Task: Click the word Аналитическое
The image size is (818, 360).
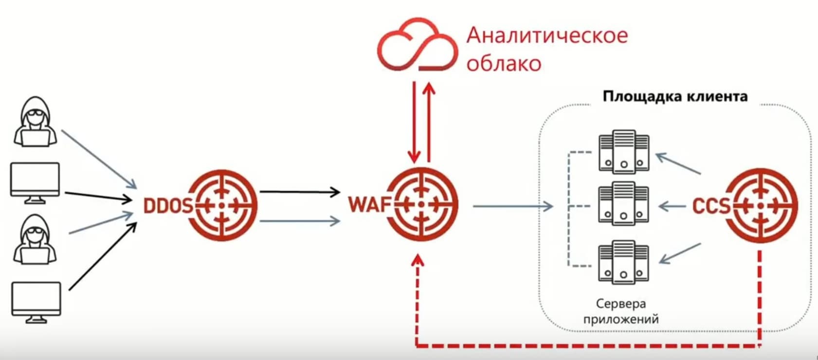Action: pos(547,35)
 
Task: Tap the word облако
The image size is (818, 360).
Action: pos(504,64)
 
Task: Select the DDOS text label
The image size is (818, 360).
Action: pos(167,206)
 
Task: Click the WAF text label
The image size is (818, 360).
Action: pos(370,204)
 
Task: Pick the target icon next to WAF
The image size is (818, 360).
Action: pos(421,204)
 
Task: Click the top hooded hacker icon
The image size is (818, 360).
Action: pos(36,122)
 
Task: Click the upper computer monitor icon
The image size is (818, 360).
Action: pos(35,183)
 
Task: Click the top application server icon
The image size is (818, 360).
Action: pos(624,151)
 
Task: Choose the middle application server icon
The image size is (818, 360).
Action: pos(624,203)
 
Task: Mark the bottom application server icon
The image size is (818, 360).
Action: pos(624,262)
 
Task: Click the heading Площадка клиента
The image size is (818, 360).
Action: pos(675,96)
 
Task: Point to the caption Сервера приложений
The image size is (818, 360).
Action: pos(621,311)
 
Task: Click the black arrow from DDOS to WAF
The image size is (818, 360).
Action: pos(300,192)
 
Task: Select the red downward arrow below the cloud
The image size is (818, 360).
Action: pos(414,122)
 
